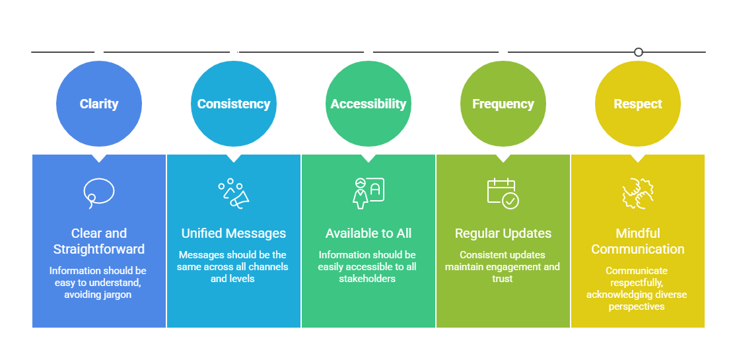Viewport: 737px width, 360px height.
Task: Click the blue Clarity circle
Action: click(99, 104)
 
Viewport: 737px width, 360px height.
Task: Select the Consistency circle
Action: click(234, 104)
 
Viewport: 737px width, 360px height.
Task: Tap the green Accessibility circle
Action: click(368, 104)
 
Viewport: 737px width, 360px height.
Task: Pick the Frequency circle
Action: click(503, 104)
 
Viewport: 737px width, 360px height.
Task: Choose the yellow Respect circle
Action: click(638, 104)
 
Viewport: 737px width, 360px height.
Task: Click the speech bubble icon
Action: click(99, 192)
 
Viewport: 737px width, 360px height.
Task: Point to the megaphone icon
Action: click(234, 193)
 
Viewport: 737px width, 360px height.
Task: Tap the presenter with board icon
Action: click(368, 192)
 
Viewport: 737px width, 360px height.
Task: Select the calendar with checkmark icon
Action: click(503, 193)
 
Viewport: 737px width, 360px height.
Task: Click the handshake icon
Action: click(638, 193)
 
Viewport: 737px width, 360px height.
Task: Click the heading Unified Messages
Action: click(234, 233)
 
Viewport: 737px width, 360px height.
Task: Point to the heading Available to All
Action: click(368, 233)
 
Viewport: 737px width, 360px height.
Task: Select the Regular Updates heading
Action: click(503, 233)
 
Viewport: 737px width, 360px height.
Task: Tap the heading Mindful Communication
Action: click(638, 241)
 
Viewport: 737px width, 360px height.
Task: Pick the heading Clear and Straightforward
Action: click(99, 241)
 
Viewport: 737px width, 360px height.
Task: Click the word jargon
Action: click(116, 295)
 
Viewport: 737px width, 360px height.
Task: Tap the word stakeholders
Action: click(368, 279)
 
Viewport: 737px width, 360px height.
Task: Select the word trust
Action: click(503, 279)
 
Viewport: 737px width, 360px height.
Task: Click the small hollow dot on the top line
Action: click(638, 52)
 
